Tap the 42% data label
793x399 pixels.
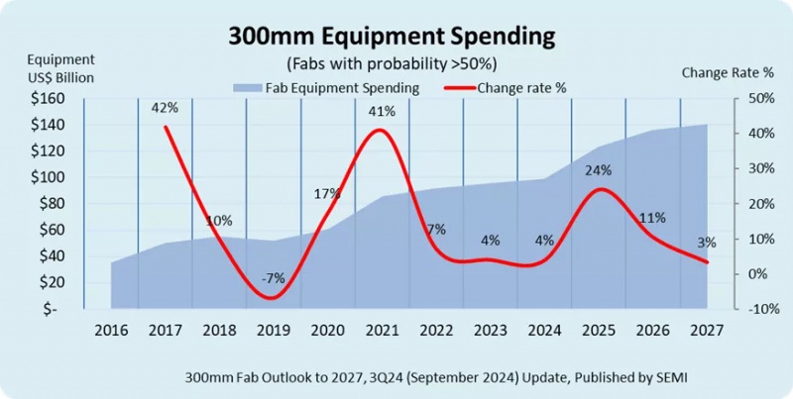pyautogui.click(x=165, y=107)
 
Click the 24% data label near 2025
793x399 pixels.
pyautogui.click(x=598, y=170)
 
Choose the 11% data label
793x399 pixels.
pyautogui.click(x=652, y=218)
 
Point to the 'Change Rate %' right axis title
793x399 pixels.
pyautogui.click(x=727, y=72)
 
